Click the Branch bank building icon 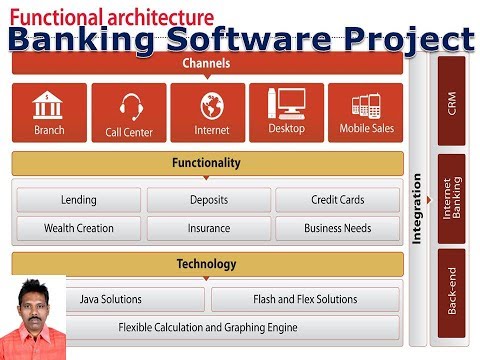[49, 104]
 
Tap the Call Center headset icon [129, 105]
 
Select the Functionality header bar [207, 162]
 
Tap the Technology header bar [207, 265]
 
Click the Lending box [78, 200]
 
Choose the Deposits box [208, 200]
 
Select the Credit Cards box [337, 200]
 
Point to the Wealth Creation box [78, 228]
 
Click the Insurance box [208, 228]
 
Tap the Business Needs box [337, 228]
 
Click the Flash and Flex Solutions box [305, 299]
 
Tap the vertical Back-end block [452, 296]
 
